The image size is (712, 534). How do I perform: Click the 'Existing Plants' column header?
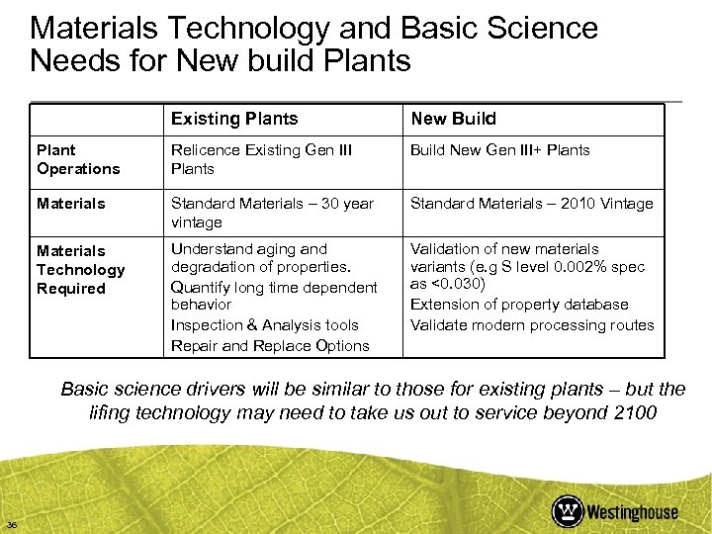[x=234, y=119]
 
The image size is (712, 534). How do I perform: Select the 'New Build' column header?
[x=453, y=119]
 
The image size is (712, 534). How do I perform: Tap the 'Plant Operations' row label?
[x=78, y=159]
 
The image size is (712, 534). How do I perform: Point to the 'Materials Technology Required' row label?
[x=81, y=269]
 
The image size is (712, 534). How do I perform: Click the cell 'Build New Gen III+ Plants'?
[x=499, y=150]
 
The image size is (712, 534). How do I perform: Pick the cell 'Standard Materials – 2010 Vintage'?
[x=531, y=204]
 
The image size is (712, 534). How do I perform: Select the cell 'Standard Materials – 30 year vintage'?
[x=272, y=213]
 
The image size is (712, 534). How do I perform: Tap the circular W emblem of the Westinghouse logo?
[x=568, y=510]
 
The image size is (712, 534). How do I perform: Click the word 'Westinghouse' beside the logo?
[x=632, y=511]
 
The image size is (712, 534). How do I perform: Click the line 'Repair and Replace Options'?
[x=270, y=345]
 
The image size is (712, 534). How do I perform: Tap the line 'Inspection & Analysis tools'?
[x=265, y=324]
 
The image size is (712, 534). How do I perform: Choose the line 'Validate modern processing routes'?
[x=532, y=324]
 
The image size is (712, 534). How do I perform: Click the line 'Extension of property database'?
[x=519, y=305]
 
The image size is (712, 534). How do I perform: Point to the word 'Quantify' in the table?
[x=201, y=287]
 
